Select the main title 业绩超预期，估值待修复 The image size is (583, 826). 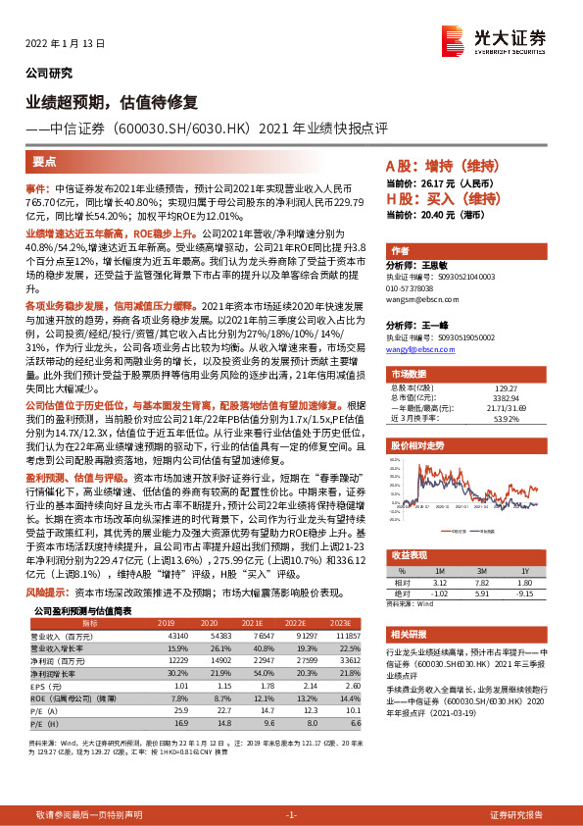[112, 101]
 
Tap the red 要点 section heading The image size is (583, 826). [44, 164]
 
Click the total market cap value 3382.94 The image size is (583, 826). [505, 371]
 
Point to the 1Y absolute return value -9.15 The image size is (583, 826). [524, 594]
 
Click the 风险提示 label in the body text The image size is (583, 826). [47, 593]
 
